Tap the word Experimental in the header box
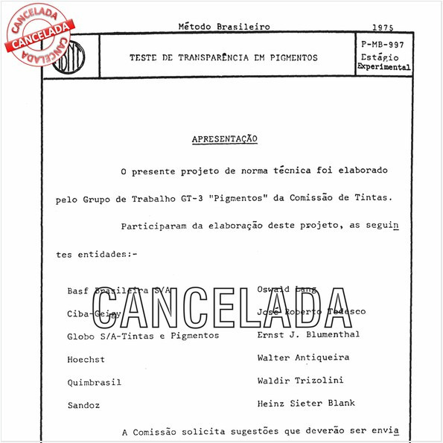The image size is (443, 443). [x=383, y=67]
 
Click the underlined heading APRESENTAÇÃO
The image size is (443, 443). [x=225, y=139]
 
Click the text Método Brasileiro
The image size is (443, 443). [x=214, y=27]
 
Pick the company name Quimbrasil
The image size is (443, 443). [x=94, y=382]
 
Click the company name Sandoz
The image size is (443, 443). [x=83, y=406]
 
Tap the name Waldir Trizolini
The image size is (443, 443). [x=300, y=380]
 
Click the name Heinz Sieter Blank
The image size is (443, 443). [x=305, y=403]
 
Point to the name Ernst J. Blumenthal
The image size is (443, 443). [x=308, y=334]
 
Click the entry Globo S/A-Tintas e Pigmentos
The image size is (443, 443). [x=143, y=336]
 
